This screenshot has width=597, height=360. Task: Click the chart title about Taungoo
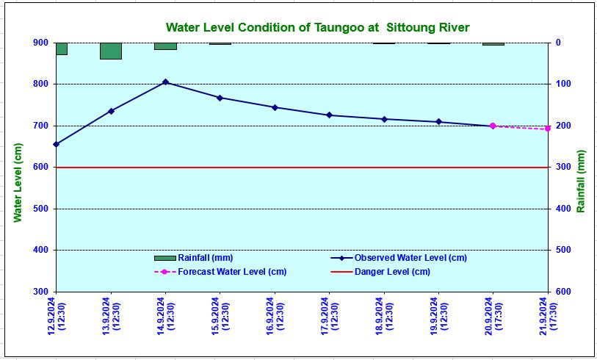(317, 27)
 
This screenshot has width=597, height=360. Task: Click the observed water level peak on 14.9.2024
(165, 82)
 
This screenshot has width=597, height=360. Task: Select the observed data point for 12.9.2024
(57, 144)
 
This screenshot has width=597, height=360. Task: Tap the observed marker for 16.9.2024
(275, 107)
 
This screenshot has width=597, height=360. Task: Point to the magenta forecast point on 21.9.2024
(547, 129)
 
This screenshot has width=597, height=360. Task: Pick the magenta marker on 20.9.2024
(493, 126)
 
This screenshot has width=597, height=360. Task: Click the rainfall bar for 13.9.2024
(111, 51)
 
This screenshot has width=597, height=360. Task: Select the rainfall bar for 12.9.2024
(62, 48)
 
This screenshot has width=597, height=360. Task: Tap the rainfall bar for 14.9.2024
(165, 46)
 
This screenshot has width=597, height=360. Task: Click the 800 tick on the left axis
(40, 84)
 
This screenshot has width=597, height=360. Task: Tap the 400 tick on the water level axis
(40, 250)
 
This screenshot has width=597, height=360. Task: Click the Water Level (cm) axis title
(18, 182)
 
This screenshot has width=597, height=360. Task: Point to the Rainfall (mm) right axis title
(581, 187)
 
